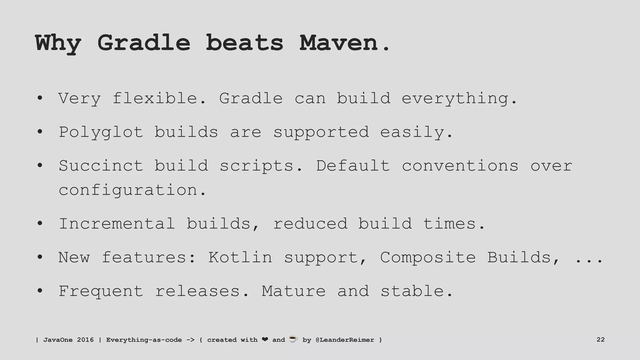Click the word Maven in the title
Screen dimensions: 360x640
click(x=339, y=43)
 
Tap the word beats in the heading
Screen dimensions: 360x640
click(x=244, y=43)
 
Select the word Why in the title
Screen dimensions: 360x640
click(x=58, y=44)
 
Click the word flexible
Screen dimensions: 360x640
click(x=159, y=98)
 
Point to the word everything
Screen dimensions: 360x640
click(x=459, y=99)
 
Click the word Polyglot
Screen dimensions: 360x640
click(x=101, y=132)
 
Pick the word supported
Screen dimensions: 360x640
click(x=321, y=132)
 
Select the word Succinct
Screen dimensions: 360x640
click(x=101, y=166)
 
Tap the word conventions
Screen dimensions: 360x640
click(x=460, y=166)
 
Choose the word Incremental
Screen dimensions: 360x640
click(x=117, y=224)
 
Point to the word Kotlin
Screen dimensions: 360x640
click(x=240, y=257)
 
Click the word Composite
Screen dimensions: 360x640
click(x=428, y=258)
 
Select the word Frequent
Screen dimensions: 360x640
click(x=101, y=292)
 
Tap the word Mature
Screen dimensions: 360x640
click(x=293, y=291)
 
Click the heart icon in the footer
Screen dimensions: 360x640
click(x=265, y=339)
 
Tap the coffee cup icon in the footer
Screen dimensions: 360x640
click(x=293, y=339)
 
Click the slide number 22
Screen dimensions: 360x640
click(x=600, y=340)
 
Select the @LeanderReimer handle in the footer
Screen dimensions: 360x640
click(x=345, y=340)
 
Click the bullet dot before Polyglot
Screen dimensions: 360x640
click(x=40, y=132)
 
